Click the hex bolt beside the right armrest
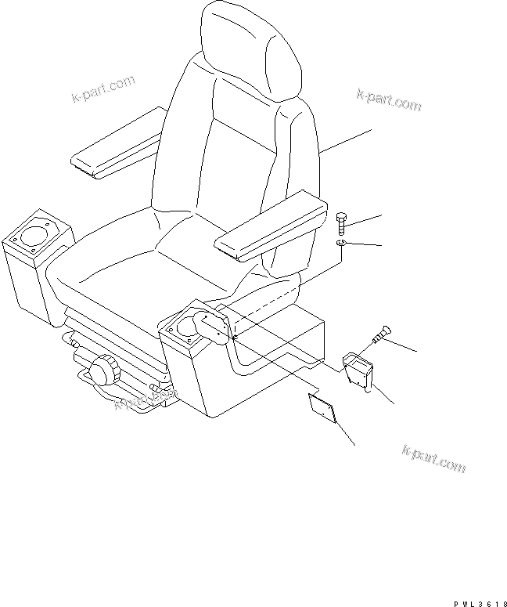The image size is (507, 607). tap(341, 223)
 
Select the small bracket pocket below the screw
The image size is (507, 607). tap(361, 368)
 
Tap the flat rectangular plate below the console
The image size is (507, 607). tap(322, 407)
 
